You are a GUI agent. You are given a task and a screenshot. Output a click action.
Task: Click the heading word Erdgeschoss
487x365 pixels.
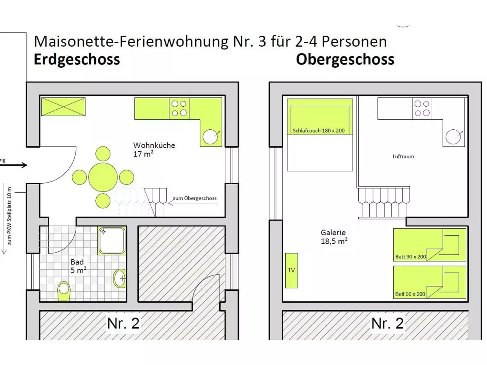(77, 59)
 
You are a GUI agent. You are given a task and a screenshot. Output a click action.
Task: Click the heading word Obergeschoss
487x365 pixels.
(345, 59)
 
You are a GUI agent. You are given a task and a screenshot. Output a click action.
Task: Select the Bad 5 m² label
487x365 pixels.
(78, 266)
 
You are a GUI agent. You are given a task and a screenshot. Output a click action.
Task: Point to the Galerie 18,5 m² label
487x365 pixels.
(334, 236)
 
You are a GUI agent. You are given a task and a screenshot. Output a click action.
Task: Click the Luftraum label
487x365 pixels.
(403, 156)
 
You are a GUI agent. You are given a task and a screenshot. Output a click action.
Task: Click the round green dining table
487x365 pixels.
(103, 177)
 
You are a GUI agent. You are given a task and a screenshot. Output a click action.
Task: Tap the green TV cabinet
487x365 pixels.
(291, 271)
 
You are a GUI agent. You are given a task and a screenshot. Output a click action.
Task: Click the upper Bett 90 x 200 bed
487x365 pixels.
(429, 245)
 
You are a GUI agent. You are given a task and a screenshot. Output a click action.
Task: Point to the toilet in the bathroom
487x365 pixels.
(64, 290)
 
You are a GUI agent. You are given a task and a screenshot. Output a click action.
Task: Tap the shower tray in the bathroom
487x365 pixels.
(112, 240)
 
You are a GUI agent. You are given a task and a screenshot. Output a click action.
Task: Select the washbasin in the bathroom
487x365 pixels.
(120, 278)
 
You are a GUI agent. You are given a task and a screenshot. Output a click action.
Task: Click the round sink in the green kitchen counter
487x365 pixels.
(211, 137)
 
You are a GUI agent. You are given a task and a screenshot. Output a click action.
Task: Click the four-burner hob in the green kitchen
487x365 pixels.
(179, 108)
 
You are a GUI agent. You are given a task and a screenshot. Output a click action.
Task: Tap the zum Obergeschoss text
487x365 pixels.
(194, 198)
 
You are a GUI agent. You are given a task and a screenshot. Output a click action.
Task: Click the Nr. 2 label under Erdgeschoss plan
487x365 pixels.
(123, 323)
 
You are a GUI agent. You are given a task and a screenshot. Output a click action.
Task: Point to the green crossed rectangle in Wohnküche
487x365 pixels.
(63, 107)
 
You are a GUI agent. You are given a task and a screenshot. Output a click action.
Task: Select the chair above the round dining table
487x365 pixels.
(103, 154)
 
